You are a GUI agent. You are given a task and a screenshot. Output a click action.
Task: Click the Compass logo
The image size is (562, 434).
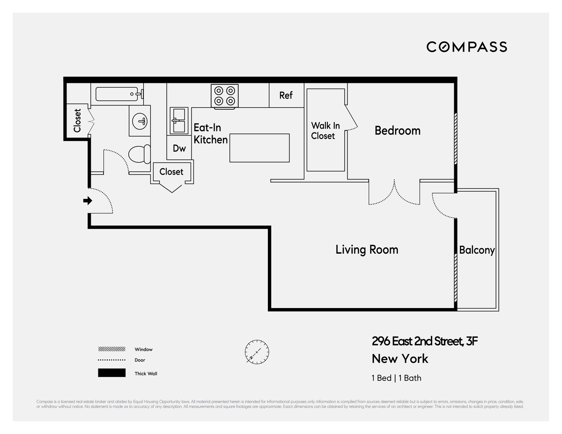[466, 47]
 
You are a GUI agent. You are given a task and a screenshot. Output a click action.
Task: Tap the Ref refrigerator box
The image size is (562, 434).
[286, 95]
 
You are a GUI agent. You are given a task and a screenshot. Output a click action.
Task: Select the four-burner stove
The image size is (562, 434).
[224, 96]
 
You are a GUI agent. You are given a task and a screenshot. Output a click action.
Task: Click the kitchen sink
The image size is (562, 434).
[178, 120]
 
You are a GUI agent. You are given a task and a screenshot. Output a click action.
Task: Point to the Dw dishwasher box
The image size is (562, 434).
[179, 148]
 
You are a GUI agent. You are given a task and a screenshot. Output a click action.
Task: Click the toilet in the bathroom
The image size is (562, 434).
[140, 154]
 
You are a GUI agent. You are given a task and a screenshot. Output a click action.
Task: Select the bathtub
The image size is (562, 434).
[119, 94]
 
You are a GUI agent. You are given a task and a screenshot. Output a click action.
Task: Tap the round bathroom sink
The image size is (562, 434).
[140, 121]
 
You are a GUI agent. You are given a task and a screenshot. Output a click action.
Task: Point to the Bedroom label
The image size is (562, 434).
[397, 131]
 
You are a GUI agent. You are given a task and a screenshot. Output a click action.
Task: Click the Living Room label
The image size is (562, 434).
[367, 250]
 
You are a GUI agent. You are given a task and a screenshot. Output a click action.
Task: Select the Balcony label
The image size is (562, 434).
[476, 250]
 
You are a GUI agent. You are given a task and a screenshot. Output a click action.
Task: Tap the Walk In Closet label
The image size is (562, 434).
[325, 131]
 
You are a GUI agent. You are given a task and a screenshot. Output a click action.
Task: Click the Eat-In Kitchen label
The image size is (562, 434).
[210, 133]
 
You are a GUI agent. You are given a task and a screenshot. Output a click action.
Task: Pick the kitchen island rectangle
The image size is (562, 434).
[259, 148]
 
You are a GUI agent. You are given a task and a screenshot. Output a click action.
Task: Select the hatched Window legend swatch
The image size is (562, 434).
[111, 349]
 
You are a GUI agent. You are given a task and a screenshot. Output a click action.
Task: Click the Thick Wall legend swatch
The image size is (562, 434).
[111, 373]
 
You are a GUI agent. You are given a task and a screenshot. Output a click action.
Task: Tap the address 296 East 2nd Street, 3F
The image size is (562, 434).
[424, 341]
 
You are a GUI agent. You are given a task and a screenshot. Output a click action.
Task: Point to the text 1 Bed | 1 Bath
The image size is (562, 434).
[396, 378]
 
